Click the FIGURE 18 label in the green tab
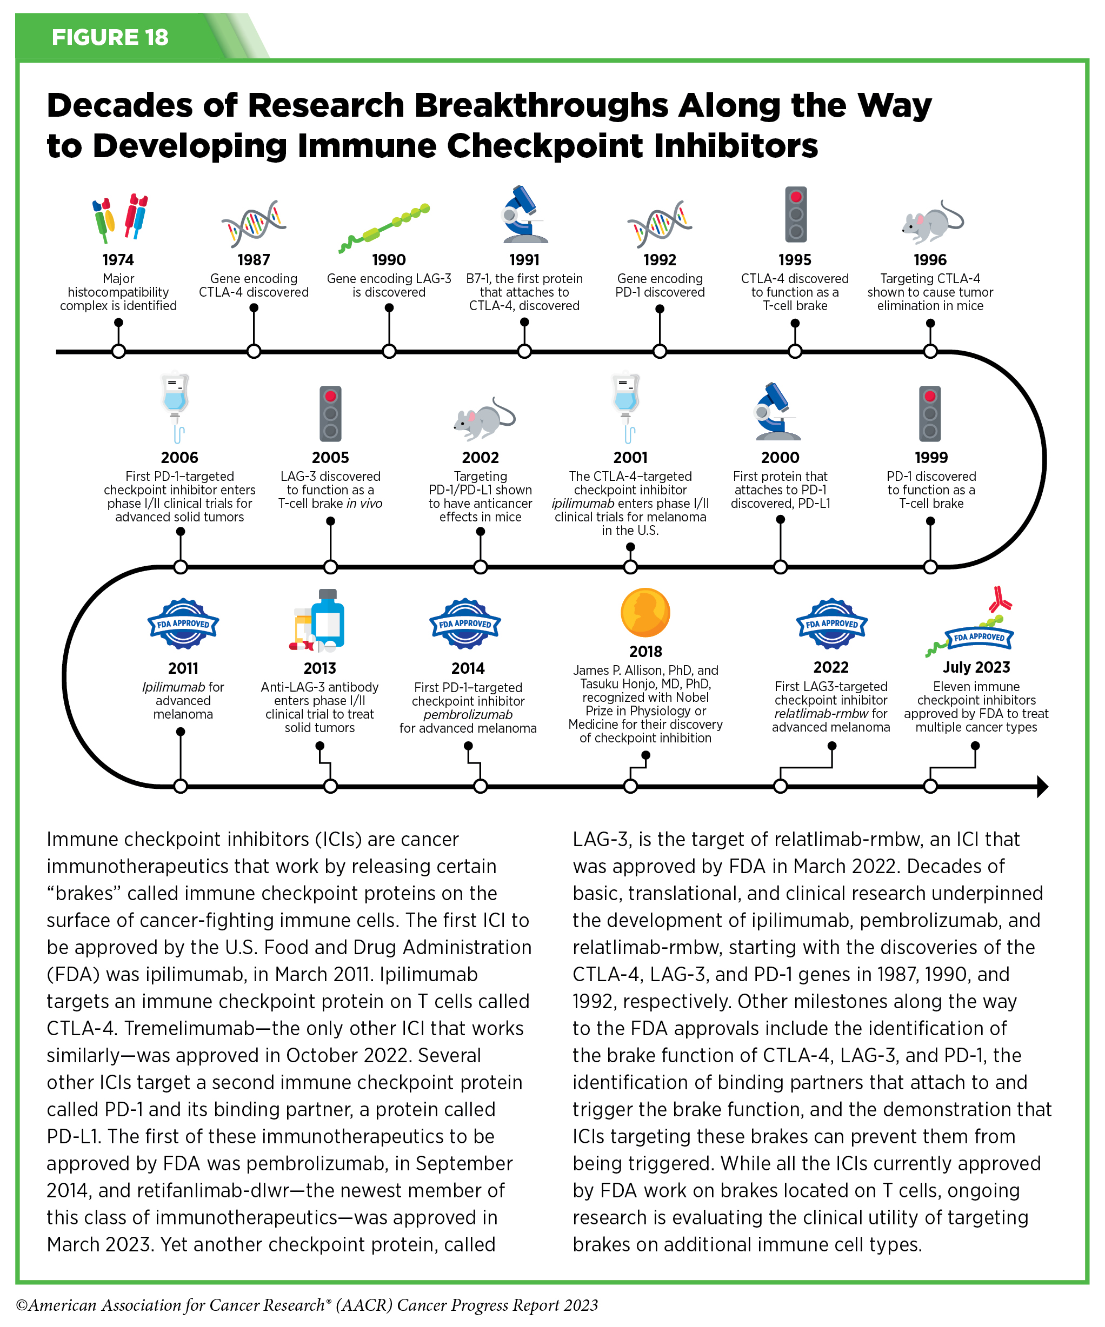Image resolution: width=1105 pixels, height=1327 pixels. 110,37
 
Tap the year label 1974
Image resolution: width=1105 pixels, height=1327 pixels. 118,260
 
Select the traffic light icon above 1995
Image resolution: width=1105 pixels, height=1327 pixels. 796,214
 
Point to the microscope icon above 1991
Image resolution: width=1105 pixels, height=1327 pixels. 523,215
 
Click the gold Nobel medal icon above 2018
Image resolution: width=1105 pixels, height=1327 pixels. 645,612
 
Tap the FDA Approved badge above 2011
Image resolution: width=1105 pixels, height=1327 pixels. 183,624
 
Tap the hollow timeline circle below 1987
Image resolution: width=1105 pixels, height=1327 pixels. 254,351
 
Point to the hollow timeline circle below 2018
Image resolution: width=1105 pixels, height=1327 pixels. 630,786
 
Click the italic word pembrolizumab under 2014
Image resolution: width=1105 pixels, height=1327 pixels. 468,715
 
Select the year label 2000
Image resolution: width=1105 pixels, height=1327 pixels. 780,458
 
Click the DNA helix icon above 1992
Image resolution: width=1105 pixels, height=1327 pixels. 660,224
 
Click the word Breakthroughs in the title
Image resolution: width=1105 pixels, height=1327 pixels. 541,105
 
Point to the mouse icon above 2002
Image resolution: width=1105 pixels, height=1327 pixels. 484,418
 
